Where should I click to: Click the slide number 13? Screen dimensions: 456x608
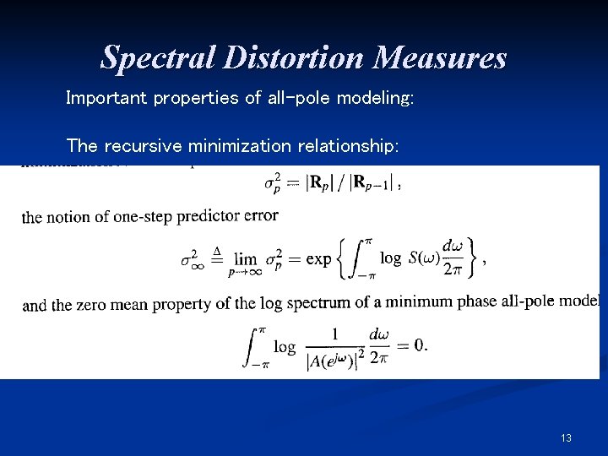(x=566, y=437)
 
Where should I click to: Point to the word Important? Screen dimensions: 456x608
(x=107, y=98)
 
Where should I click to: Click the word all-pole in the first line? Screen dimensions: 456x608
(x=299, y=98)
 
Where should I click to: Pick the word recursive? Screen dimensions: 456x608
(x=144, y=145)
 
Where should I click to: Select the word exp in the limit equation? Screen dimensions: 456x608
(x=318, y=259)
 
